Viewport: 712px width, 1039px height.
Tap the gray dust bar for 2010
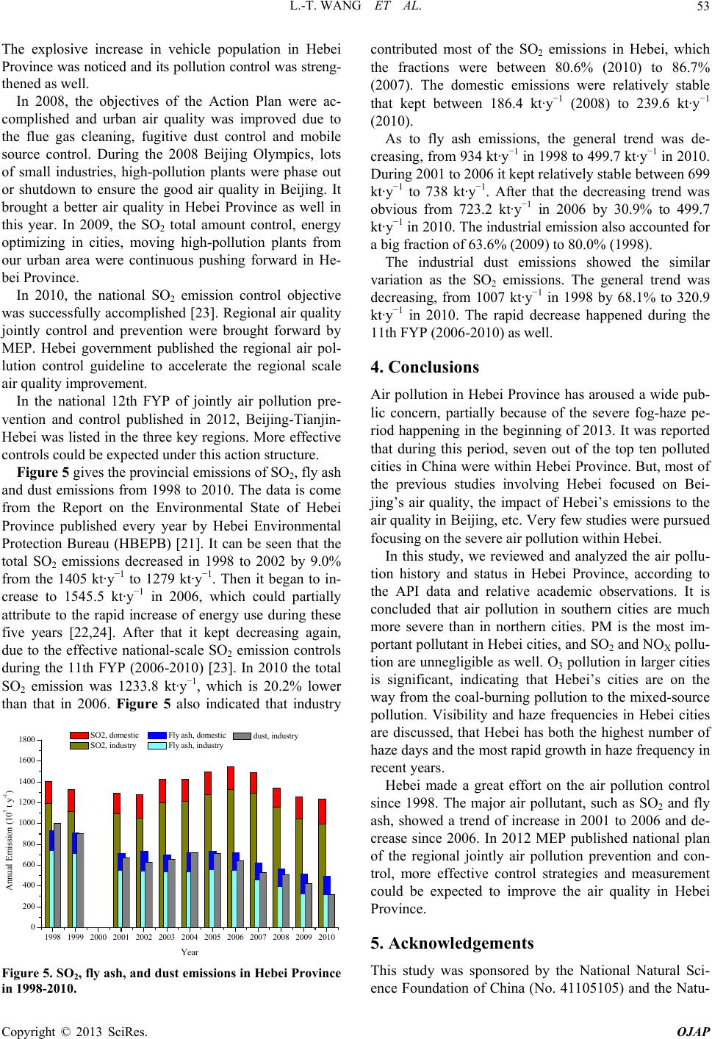[x=331, y=910]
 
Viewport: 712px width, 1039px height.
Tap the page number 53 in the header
[x=700, y=9]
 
